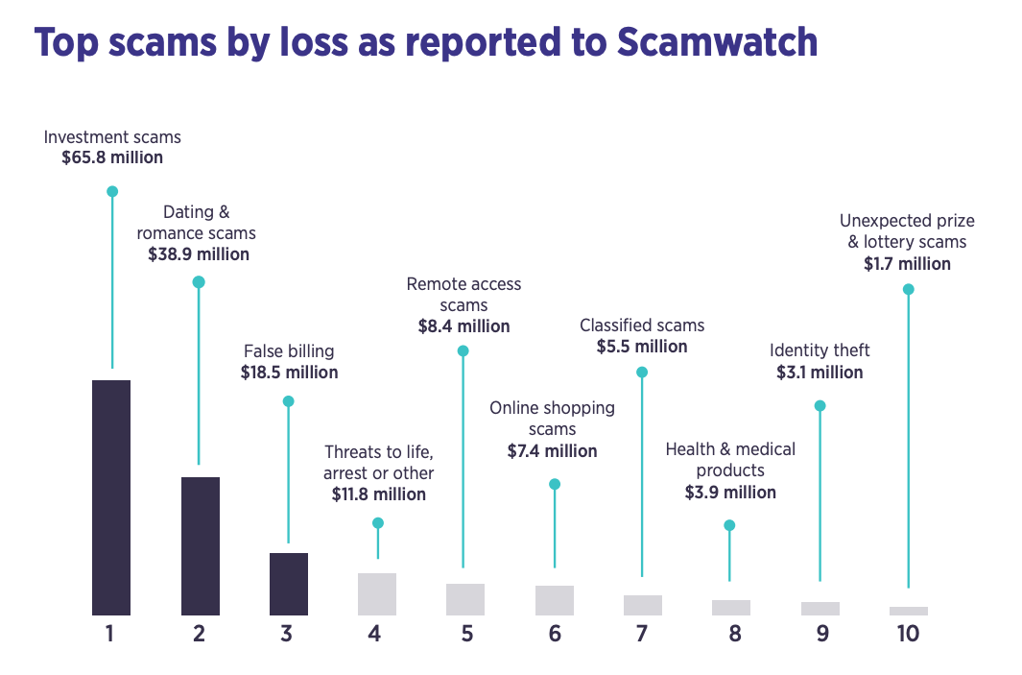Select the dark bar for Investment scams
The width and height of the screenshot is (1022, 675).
(111, 497)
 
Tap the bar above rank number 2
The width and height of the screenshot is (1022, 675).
(200, 545)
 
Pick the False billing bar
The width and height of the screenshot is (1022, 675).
(288, 584)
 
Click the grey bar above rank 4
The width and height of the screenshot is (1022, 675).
(377, 593)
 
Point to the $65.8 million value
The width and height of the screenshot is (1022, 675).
(112, 157)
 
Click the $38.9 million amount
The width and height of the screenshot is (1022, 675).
(199, 255)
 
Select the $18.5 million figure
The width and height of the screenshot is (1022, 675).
(289, 373)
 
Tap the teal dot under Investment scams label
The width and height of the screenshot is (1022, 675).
(112, 191)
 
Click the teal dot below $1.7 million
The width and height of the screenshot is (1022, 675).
(908, 289)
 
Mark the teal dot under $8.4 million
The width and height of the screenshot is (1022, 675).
(463, 351)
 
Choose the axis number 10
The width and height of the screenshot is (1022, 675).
(907, 635)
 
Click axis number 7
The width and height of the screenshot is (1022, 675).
(642, 635)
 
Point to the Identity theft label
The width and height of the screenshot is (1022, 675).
(820, 350)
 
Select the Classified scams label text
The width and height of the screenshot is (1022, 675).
(642, 325)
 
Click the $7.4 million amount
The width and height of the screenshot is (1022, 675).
(552, 451)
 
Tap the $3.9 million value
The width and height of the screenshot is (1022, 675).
(730, 493)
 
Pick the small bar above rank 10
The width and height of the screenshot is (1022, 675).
(908, 611)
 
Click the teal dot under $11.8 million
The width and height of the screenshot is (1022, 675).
(378, 523)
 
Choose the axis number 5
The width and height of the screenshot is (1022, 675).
(466, 635)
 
